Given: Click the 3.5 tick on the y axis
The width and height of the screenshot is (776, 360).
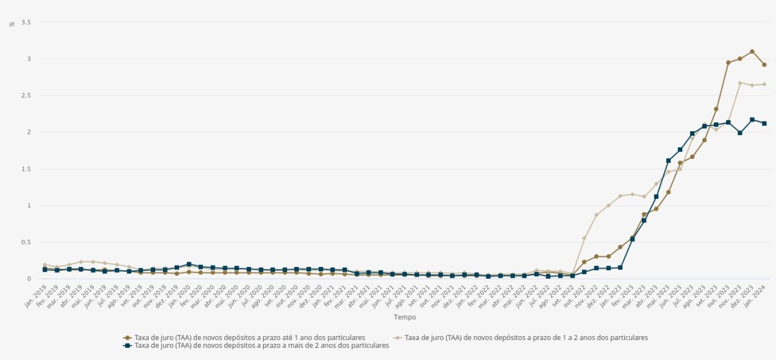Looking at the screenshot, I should tap(27, 22).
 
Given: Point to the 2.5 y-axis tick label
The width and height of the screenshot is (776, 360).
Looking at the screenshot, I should tap(27, 96).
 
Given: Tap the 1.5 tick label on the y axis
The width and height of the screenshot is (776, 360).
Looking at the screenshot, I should tap(27, 169).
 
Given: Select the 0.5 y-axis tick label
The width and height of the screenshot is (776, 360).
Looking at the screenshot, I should tap(27, 242).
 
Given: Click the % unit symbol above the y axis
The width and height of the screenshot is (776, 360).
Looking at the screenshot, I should tap(12, 24).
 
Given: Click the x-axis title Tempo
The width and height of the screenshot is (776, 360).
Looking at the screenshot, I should tap(405, 317).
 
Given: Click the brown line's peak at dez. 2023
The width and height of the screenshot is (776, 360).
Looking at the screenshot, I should tap(752, 52).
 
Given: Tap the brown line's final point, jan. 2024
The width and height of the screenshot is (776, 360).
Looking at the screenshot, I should tap(764, 65).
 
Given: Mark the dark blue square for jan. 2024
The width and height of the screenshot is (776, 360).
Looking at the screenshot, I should tap(764, 123).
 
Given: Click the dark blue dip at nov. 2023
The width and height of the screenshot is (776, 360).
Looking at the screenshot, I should tap(740, 132).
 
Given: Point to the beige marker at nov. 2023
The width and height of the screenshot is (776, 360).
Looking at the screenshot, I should tap(740, 83).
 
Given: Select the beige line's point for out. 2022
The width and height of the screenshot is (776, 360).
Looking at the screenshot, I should tap(584, 238).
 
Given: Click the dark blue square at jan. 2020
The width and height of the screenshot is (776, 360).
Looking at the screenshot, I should tap(189, 264).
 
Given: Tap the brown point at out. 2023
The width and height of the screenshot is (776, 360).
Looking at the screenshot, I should tap(728, 63).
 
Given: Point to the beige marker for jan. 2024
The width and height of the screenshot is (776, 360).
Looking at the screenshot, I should tap(764, 84).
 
